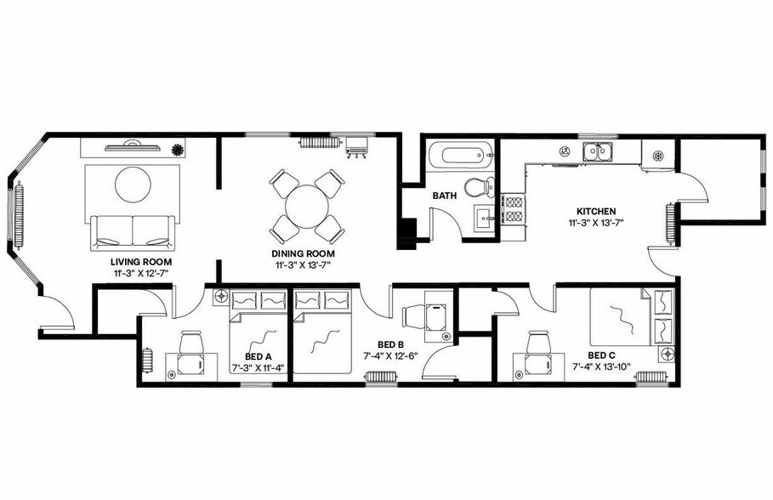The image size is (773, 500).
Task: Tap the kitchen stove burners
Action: pyautogui.click(x=514, y=209)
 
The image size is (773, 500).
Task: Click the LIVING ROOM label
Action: pyautogui.click(x=142, y=261)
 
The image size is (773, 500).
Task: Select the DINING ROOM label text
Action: pyautogui.click(x=303, y=253)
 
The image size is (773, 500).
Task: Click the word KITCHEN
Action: pyautogui.click(x=596, y=211)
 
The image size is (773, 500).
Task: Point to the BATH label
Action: pyautogui.click(x=445, y=196)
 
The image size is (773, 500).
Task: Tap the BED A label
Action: pyautogui.click(x=258, y=357)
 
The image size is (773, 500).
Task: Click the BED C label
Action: pyautogui.click(x=602, y=355)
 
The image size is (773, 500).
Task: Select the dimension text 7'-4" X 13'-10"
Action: pyautogui.click(x=602, y=367)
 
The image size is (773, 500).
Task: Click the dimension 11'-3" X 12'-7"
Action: pyautogui.click(x=142, y=273)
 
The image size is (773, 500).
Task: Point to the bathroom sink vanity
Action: pyautogui.click(x=486, y=217)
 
